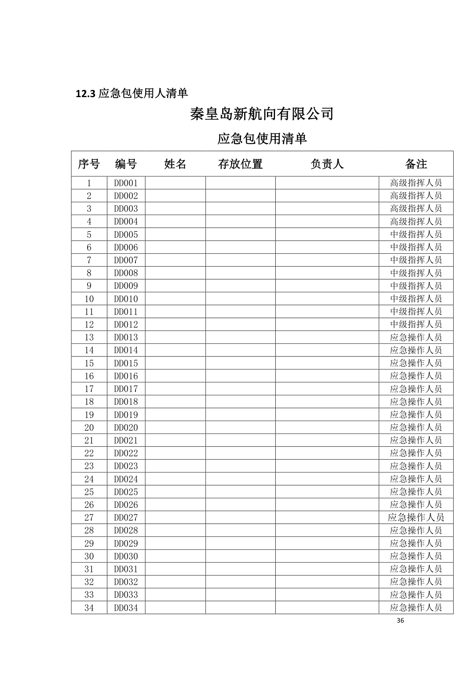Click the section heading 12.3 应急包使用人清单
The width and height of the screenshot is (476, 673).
[x=132, y=94]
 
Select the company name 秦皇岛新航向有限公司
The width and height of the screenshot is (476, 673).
[x=262, y=114]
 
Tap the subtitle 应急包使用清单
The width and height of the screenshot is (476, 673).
[x=262, y=139]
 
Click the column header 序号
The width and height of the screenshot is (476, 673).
[x=89, y=164]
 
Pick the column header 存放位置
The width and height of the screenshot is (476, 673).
[x=240, y=164]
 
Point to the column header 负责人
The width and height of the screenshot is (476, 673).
[x=327, y=164]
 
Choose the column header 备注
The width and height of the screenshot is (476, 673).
[x=416, y=164]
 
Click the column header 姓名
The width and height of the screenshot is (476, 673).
[x=175, y=164]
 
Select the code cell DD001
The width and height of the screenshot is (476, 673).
[x=126, y=183]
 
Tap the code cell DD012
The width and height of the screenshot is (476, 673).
[x=126, y=325]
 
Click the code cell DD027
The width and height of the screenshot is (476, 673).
[x=126, y=518]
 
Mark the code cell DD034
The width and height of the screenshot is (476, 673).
[x=126, y=608]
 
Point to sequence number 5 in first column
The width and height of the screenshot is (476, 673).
[x=89, y=235]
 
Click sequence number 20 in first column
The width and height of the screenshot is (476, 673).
[x=89, y=428]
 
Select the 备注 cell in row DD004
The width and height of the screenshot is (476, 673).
[x=416, y=221]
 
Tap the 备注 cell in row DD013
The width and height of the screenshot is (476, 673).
[x=416, y=337]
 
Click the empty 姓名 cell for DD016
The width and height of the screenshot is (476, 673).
[x=175, y=376]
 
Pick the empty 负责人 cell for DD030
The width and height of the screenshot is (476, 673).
[x=327, y=556]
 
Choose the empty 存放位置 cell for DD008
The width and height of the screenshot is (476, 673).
[x=240, y=273]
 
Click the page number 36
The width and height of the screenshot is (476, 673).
[x=401, y=621]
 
